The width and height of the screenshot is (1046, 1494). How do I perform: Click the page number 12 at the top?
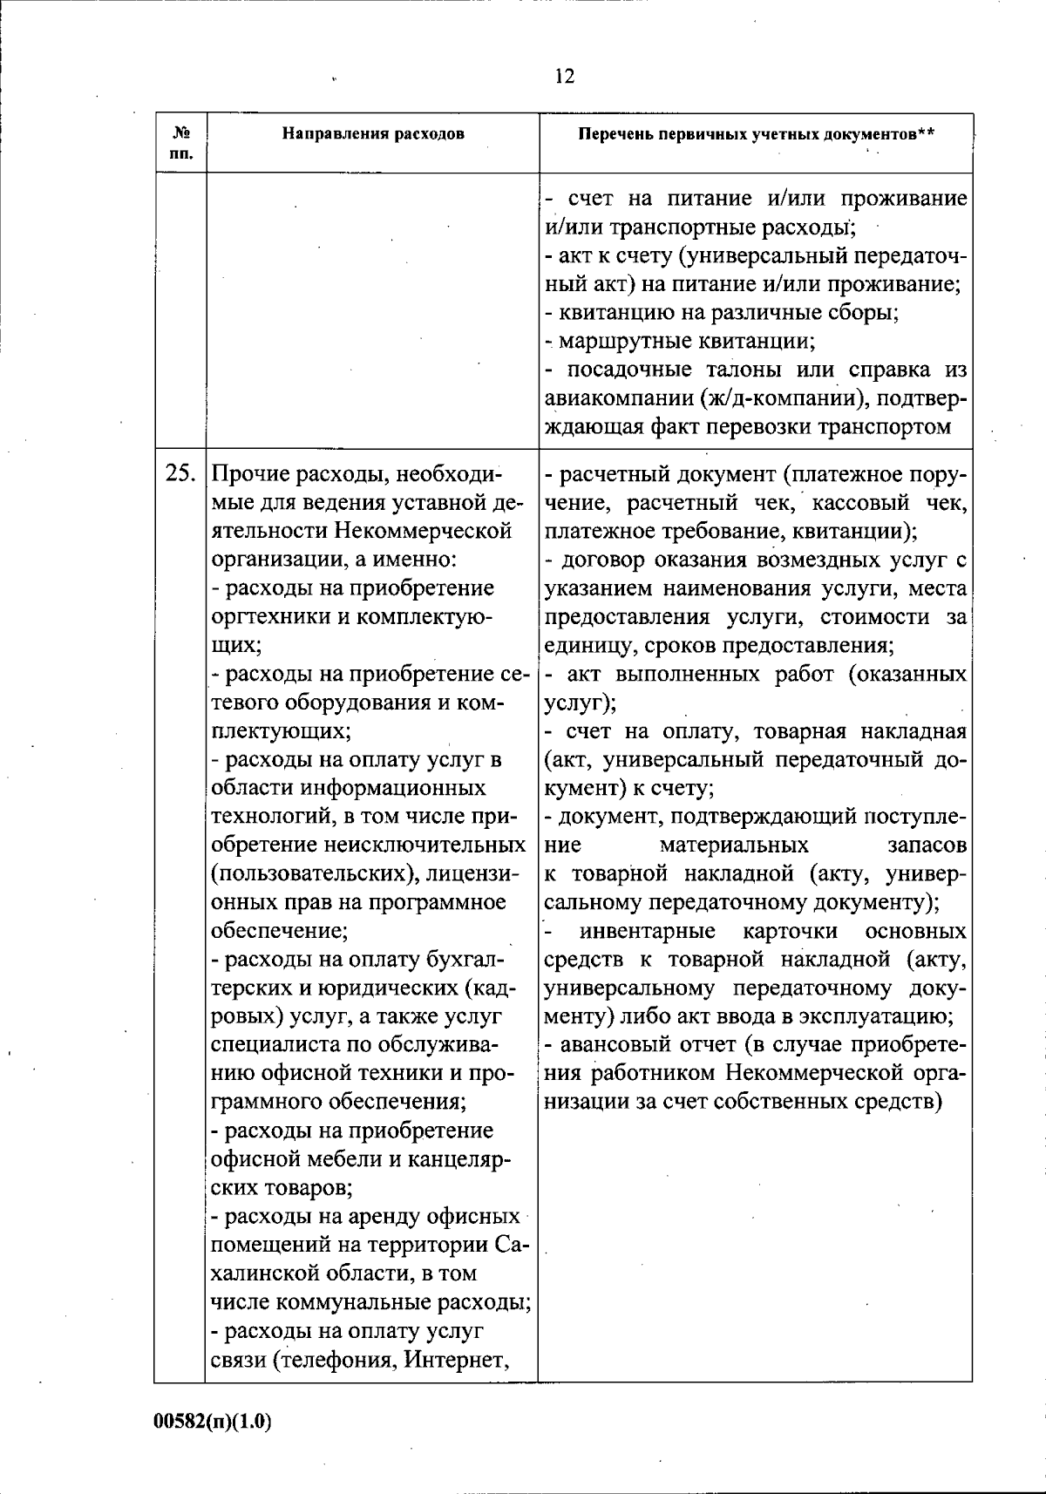pyautogui.click(x=564, y=77)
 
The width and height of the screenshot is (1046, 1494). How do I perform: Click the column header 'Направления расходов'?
pyautogui.click(x=373, y=133)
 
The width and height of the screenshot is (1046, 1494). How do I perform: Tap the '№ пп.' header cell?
pyautogui.click(x=181, y=144)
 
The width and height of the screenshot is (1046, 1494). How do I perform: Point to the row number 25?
pyautogui.click(x=180, y=474)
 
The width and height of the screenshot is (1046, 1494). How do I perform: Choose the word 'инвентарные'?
pyautogui.click(x=649, y=932)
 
